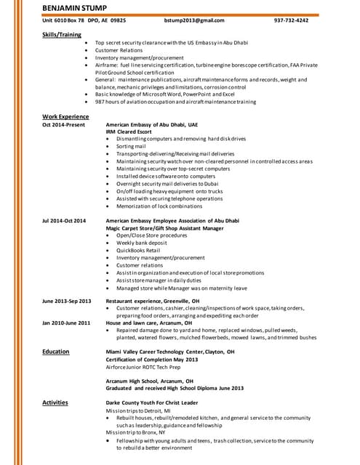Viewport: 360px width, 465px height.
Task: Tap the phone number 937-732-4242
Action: coord(291,20)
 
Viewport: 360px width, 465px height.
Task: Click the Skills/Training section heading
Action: coord(62,33)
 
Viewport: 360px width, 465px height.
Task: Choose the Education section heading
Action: coord(55,352)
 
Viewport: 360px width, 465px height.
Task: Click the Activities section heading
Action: coord(55,403)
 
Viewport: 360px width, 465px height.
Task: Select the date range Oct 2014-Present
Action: coord(63,125)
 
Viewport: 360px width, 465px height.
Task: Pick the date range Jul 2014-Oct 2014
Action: coord(64,220)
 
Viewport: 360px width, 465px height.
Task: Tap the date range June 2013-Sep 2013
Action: coord(67,301)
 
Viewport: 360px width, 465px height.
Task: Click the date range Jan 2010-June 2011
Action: coord(66,323)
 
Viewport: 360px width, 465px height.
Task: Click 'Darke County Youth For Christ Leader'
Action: coord(152,403)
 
